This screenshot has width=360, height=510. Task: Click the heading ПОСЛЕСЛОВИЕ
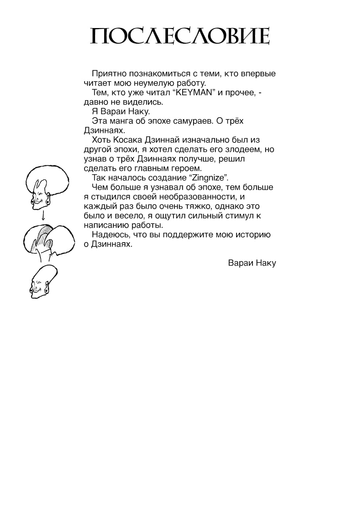(x=180, y=36)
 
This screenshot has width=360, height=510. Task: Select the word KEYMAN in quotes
(x=193, y=93)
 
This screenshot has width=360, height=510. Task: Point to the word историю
(x=254, y=235)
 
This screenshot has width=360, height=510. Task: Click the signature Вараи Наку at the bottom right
(x=252, y=263)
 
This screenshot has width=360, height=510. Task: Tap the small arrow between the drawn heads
(x=43, y=216)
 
